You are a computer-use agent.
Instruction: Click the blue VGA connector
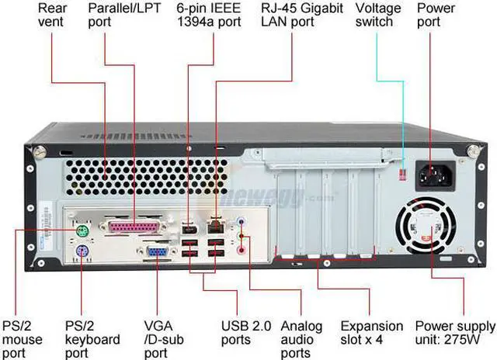(158, 251)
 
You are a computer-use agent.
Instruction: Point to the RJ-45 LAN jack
(214, 226)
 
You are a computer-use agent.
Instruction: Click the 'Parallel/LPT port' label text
(123, 15)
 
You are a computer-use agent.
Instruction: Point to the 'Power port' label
(436, 15)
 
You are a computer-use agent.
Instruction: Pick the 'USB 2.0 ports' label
(246, 332)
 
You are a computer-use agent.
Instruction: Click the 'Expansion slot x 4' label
(372, 332)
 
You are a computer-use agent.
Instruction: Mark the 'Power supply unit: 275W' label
(454, 332)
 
